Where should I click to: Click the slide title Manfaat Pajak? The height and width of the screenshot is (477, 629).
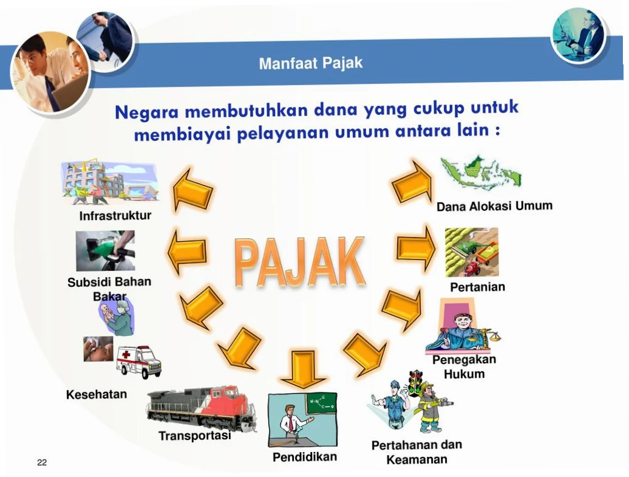(x=310, y=63)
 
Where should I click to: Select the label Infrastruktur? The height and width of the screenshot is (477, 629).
(x=115, y=216)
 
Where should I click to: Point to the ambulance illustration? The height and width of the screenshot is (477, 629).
(x=139, y=362)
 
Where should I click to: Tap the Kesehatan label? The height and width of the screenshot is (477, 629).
(x=97, y=394)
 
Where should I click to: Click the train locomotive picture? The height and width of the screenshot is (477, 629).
(x=201, y=408)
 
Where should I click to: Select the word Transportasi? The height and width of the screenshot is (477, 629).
(x=194, y=436)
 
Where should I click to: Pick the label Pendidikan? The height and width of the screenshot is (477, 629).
(x=304, y=457)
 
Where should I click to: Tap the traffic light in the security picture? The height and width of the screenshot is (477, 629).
(x=415, y=383)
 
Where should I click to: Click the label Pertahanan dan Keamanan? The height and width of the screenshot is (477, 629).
(x=416, y=452)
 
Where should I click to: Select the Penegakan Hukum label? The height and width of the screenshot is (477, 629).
(x=464, y=366)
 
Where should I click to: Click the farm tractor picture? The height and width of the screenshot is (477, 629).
(x=471, y=252)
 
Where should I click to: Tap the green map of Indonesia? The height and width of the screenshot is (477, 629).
(x=480, y=173)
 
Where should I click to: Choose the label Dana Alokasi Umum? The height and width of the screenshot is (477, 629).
(x=494, y=206)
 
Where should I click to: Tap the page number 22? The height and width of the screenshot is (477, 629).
(x=42, y=462)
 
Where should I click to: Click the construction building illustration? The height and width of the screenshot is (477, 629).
(x=109, y=182)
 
